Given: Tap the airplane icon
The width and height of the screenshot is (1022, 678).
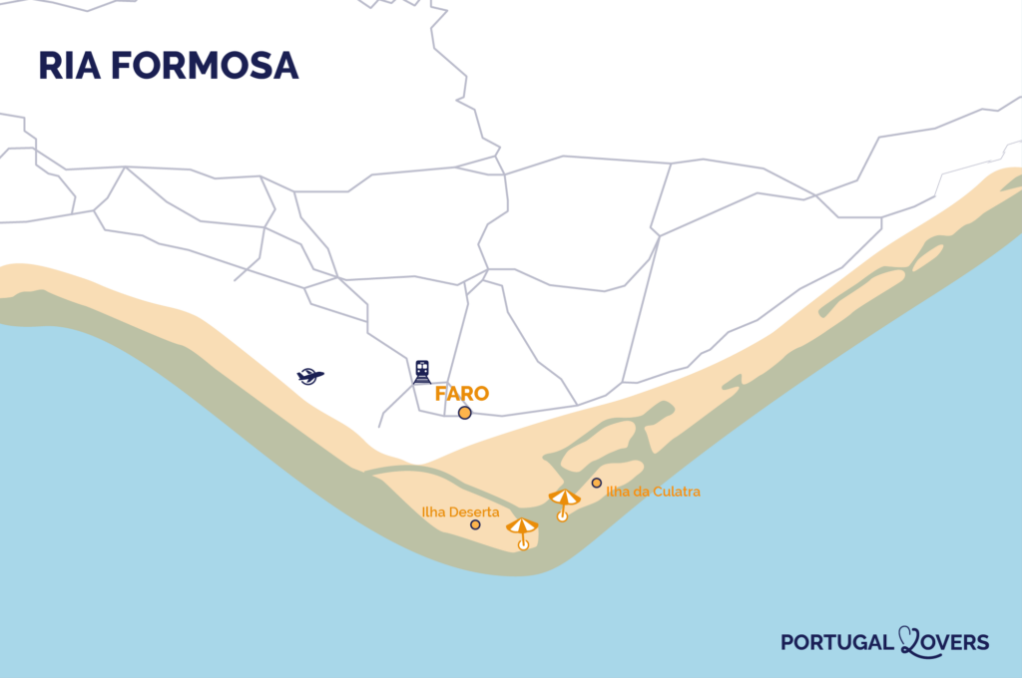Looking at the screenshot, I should [310, 376].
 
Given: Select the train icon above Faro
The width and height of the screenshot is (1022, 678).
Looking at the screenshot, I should [422, 371].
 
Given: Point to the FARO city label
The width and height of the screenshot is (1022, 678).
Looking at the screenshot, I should [462, 394].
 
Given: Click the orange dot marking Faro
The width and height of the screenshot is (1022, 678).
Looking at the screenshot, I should [464, 413].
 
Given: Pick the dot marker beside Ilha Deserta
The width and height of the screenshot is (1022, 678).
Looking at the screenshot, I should [475, 524].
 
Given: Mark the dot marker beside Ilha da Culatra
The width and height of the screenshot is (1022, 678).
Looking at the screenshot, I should [596, 483].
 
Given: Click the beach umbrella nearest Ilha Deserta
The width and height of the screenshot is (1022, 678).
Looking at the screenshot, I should [522, 525].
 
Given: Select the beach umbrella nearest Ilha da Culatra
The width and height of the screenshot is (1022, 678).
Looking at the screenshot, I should [564, 497].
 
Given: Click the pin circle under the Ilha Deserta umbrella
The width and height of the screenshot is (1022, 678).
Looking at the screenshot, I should [523, 544].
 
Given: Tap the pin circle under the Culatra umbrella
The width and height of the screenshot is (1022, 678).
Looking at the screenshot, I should [562, 515].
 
